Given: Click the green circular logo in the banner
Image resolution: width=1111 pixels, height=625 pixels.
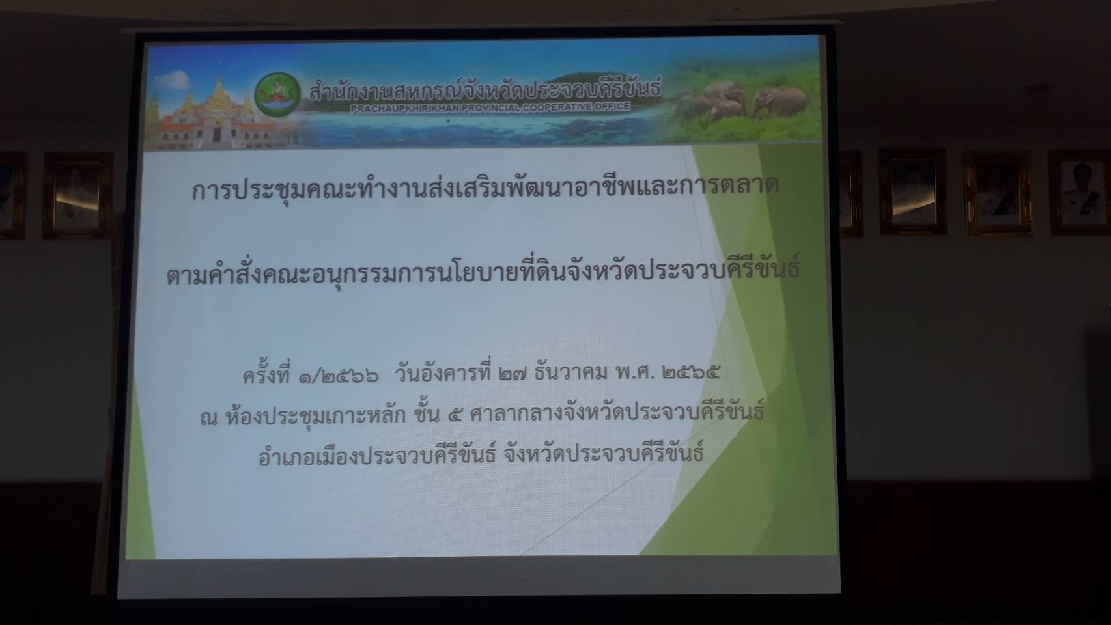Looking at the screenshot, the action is coord(277,95).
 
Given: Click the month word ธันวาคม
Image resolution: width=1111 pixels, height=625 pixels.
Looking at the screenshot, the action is coord(570,373).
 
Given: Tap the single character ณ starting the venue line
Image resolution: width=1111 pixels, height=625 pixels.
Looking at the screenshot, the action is coord(209,419).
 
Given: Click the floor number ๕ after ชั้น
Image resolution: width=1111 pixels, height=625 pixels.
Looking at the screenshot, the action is coord(455,415).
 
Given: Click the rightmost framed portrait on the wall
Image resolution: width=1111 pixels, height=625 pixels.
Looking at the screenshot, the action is coord(1080,193).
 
